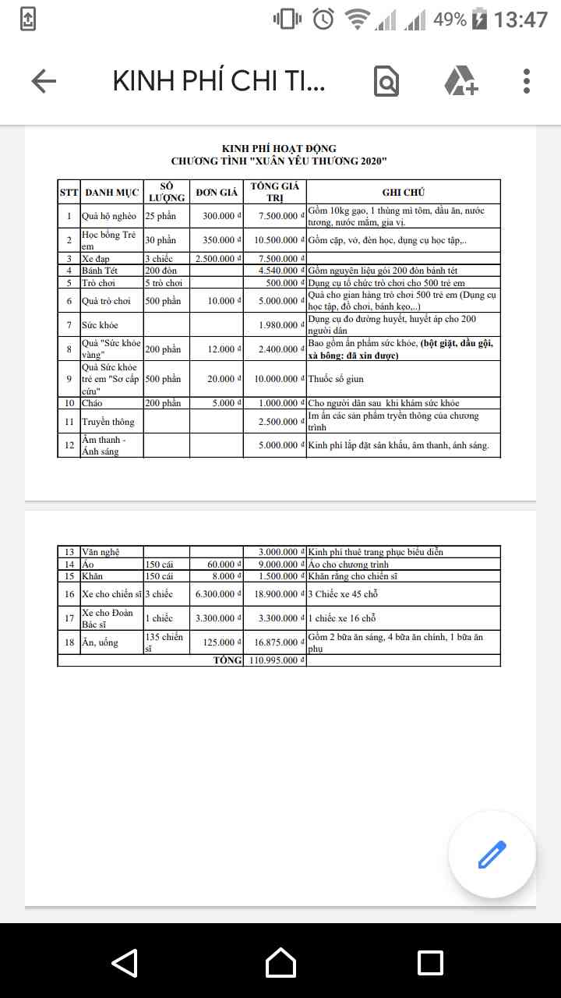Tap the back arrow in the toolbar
pos(44,81)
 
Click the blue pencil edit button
pos(492,855)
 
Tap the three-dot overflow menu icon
pos(527,81)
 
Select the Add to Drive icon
pos(460,81)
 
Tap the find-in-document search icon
pos(386,81)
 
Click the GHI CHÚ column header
pos(403,193)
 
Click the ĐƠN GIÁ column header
pos(217,193)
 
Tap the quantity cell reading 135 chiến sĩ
pos(164,642)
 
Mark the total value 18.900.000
pos(274,594)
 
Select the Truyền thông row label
pos(108,422)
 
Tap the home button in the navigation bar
pos(280,963)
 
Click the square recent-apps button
pos(430,963)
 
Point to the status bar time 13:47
pos(520,19)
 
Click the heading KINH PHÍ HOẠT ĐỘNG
pos(279,149)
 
